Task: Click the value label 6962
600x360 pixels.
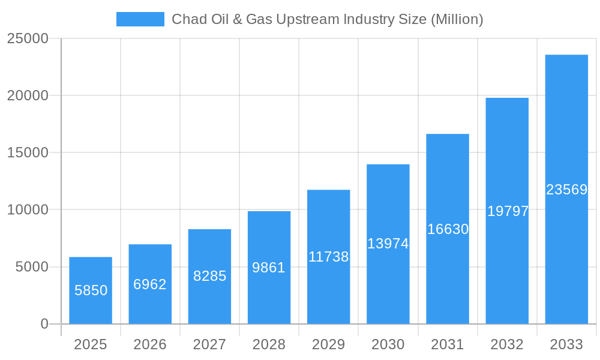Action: (x=150, y=284)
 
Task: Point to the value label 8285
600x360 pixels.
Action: (x=209, y=276)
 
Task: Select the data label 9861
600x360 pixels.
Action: (x=269, y=268)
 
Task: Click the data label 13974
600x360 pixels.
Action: (x=388, y=244)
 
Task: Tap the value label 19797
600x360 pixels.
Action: (x=508, y=211)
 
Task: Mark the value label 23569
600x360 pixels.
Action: (x=566, y=190)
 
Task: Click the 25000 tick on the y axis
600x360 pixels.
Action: (x=27, y=38)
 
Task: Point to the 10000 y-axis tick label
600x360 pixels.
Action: (x=27, y=210)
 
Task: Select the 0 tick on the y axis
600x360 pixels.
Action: (x=44, y=324)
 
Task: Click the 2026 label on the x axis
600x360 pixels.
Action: (x=150, y=344)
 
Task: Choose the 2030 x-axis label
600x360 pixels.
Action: (x=388, y=344)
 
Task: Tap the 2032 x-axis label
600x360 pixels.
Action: (x=507, y=344)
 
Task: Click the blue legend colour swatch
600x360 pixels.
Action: (x=140, y=19)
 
